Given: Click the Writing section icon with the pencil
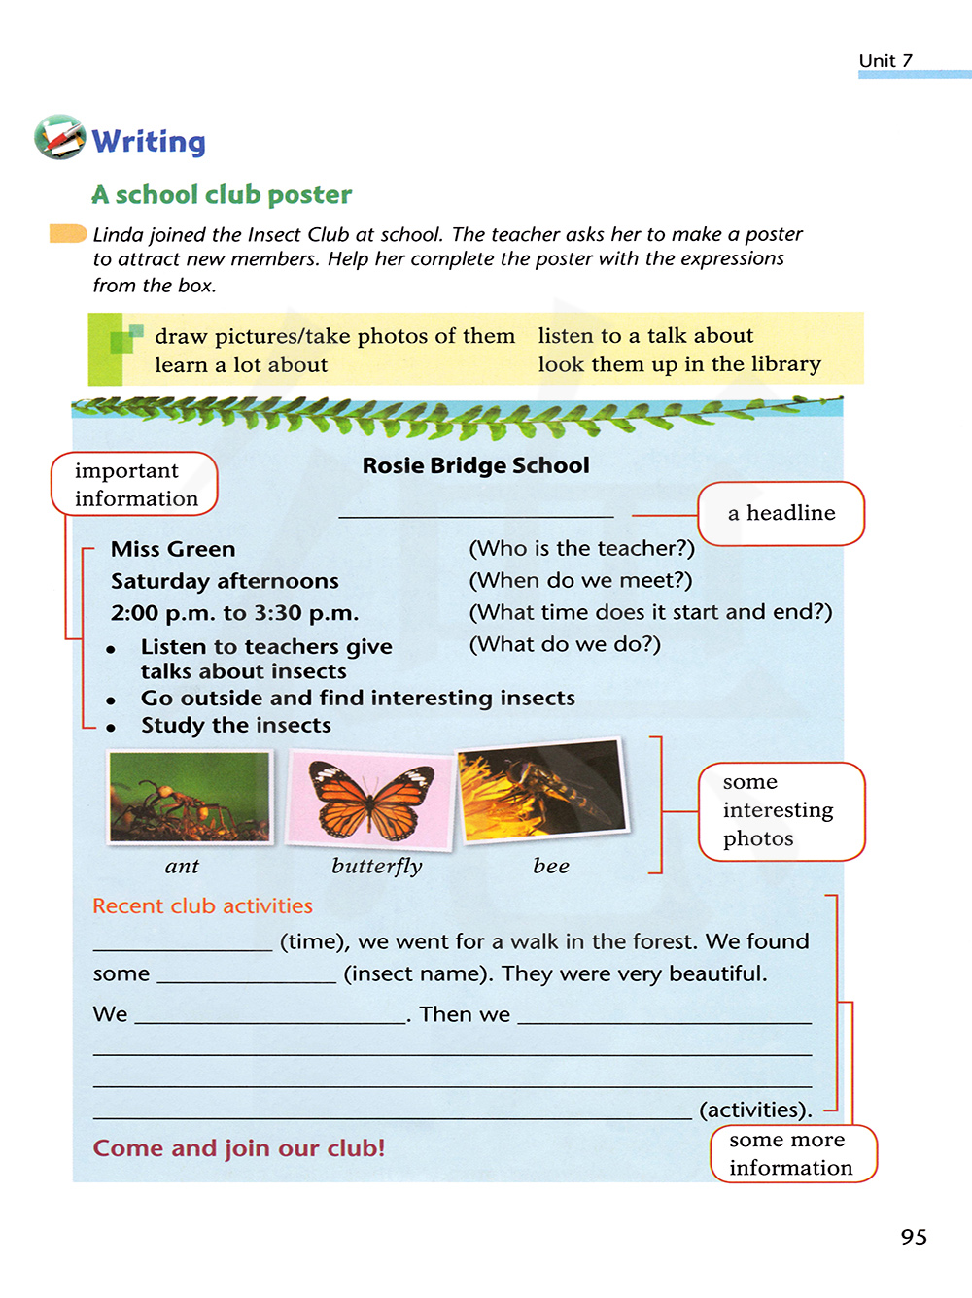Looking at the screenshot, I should coord(60,137).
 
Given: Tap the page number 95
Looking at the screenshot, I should coord(914,1237).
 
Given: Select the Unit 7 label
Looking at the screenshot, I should coord(885,60).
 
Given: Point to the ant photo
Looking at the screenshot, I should coord(190,797).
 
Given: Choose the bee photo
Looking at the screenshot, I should coord(542,789).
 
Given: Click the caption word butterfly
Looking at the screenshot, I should coord(377,866).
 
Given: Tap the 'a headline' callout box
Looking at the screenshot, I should coord(781,513).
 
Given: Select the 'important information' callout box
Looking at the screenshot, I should coord(135,484).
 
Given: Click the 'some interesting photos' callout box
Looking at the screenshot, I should coord(781,811).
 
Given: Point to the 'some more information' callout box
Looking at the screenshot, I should coord(792,1153).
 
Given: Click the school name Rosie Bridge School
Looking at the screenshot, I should coord(475,465).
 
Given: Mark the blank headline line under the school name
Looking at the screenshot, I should coord(475,515).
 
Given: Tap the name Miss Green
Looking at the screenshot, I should coord(173,549).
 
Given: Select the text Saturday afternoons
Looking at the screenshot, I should coord(225,581).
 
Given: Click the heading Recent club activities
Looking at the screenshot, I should coord(202,905).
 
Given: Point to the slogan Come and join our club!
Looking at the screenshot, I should coord(239,1148).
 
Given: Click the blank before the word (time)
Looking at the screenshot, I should coord(183,947).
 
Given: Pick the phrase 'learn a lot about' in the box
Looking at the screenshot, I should coord(241,365).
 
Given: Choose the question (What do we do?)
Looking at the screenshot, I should coord(565,644).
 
